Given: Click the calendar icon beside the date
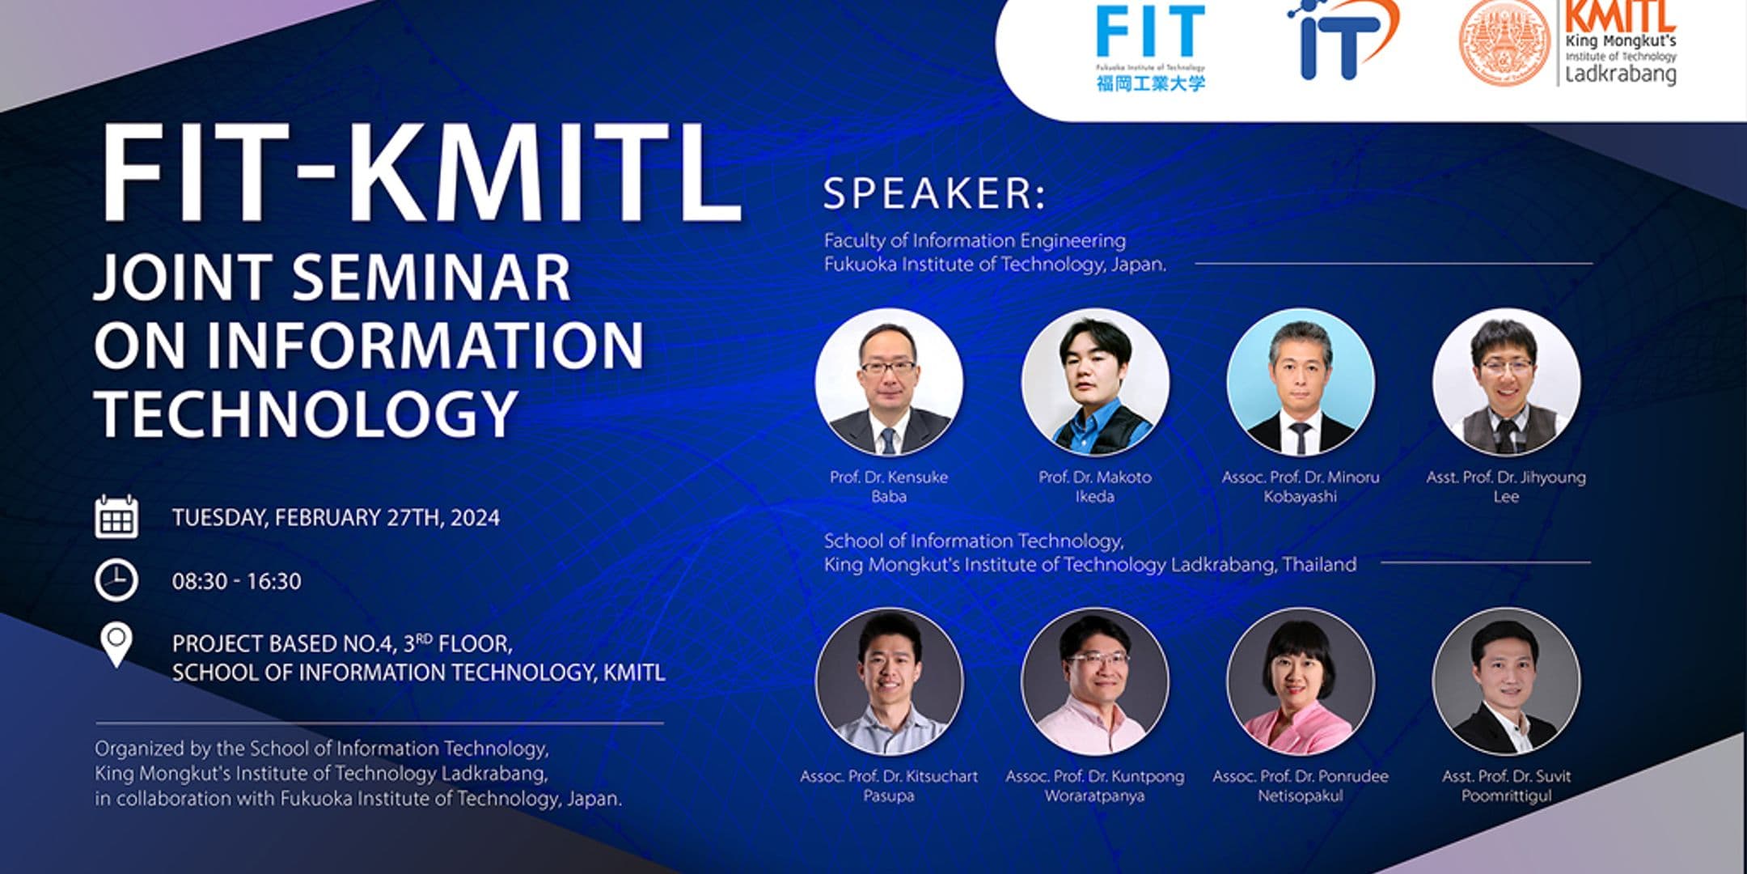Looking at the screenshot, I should [116, 517].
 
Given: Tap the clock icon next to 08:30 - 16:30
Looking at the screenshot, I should [116, 580].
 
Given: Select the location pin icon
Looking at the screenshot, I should [116, 644].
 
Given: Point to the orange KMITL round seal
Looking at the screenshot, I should [1505, 42].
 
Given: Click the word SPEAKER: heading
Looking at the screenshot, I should [934, 194].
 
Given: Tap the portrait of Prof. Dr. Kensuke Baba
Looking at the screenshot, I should [889, 382].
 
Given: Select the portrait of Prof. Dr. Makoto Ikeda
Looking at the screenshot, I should [1094, 382].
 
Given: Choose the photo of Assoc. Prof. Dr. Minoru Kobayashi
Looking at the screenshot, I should [1300, 382].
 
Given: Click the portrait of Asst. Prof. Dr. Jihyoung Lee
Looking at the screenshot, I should [1505, 382].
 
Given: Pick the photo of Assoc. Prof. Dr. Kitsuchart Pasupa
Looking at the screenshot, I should [889, 681].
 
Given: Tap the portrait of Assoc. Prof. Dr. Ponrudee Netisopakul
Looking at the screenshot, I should [1300, 681].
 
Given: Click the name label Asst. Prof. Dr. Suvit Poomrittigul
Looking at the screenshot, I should [1506, 786].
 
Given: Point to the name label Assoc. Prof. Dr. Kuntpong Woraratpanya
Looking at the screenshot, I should [1094, 786].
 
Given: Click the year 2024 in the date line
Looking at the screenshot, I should [475, 518].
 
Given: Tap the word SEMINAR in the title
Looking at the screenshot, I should [431, 278].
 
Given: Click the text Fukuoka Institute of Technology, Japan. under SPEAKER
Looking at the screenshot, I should [995, 265].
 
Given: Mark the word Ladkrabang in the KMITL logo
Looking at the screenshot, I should [1620, 74].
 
